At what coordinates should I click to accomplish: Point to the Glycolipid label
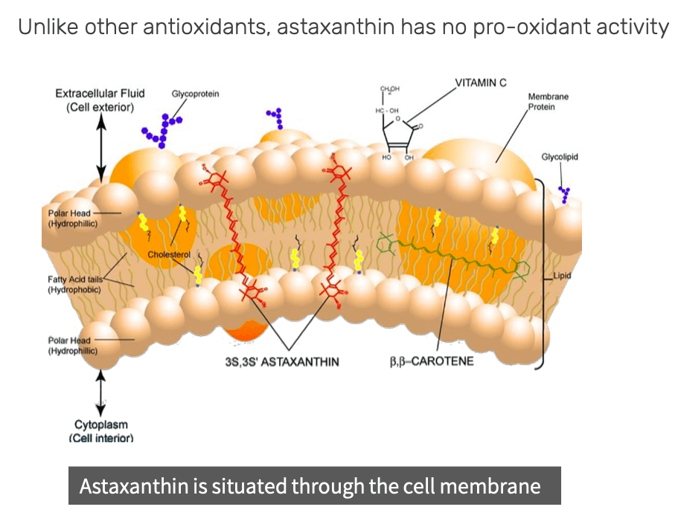coord(560,157)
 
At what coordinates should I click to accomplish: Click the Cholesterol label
coord(169,254)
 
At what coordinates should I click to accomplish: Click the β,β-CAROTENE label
coord(431,362)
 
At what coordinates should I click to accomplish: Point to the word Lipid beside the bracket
coord(564,276)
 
